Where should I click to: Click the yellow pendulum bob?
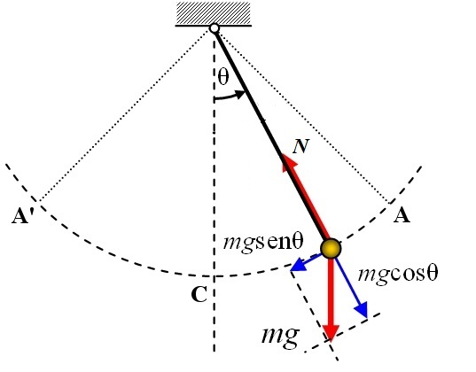point(330,249)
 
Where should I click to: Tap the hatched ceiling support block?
point(214,13)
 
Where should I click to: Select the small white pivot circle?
point(214,28)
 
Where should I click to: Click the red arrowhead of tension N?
point(287,161)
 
